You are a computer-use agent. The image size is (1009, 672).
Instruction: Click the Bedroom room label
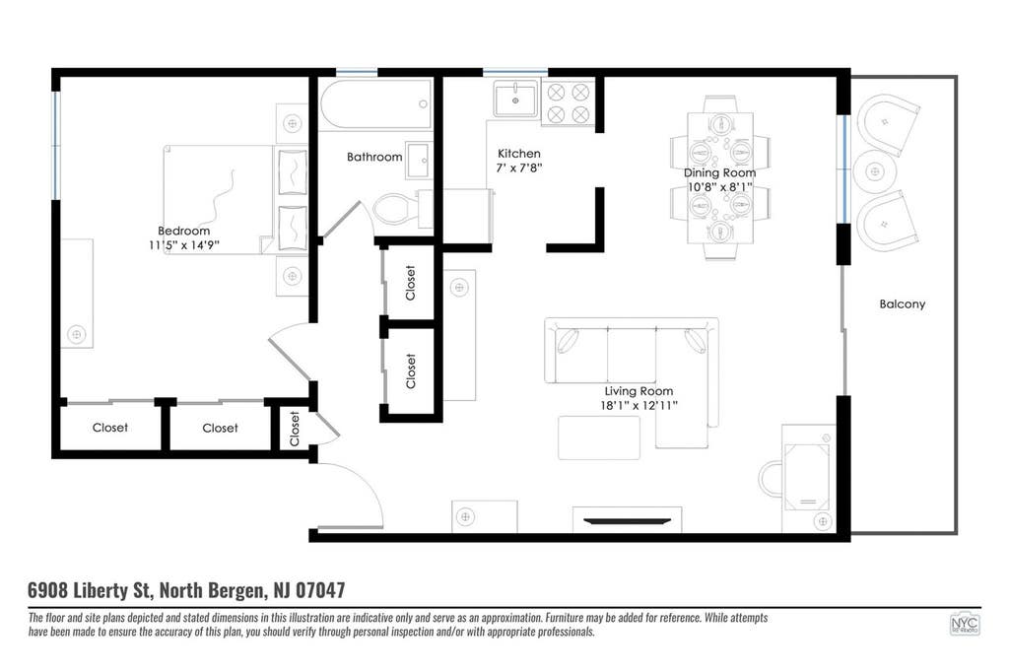point(183,231)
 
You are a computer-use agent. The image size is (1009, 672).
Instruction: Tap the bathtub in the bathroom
point(375,104)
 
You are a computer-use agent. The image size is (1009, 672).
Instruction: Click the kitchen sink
point(515,100)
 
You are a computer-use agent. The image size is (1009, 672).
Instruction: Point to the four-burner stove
point(569,103)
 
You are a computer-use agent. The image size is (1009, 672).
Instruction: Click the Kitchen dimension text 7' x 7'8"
point(519,168)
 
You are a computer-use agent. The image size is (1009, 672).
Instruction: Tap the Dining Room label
point(719,172)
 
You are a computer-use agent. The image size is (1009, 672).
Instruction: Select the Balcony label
point(903,303)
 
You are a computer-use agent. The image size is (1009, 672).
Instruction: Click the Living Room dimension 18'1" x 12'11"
point(639,406)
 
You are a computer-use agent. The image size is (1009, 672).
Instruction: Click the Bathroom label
point(374,157)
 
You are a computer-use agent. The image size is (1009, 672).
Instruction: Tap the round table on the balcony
point(873,171)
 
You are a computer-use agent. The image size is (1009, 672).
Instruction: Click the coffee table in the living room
point(598,437)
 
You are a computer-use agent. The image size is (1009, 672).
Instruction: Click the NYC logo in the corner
point(964,624)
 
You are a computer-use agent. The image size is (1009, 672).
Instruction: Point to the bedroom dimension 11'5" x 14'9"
point(184,245)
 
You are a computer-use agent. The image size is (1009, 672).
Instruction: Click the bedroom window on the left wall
point(56,145)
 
